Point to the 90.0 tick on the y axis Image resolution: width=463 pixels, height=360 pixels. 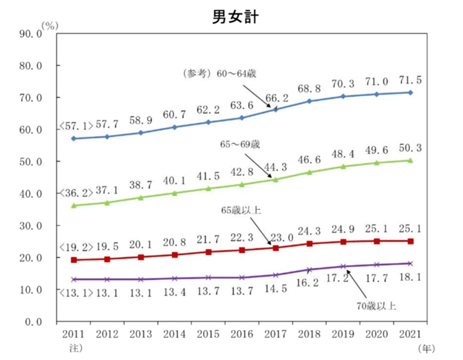30,34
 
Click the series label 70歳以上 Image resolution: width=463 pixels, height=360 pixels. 376,306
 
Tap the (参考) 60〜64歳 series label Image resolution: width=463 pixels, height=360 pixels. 219,73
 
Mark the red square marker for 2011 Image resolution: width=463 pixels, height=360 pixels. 73,260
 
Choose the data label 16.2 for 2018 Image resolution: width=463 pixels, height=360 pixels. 310,283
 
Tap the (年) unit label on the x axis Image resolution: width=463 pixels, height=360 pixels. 426,348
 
